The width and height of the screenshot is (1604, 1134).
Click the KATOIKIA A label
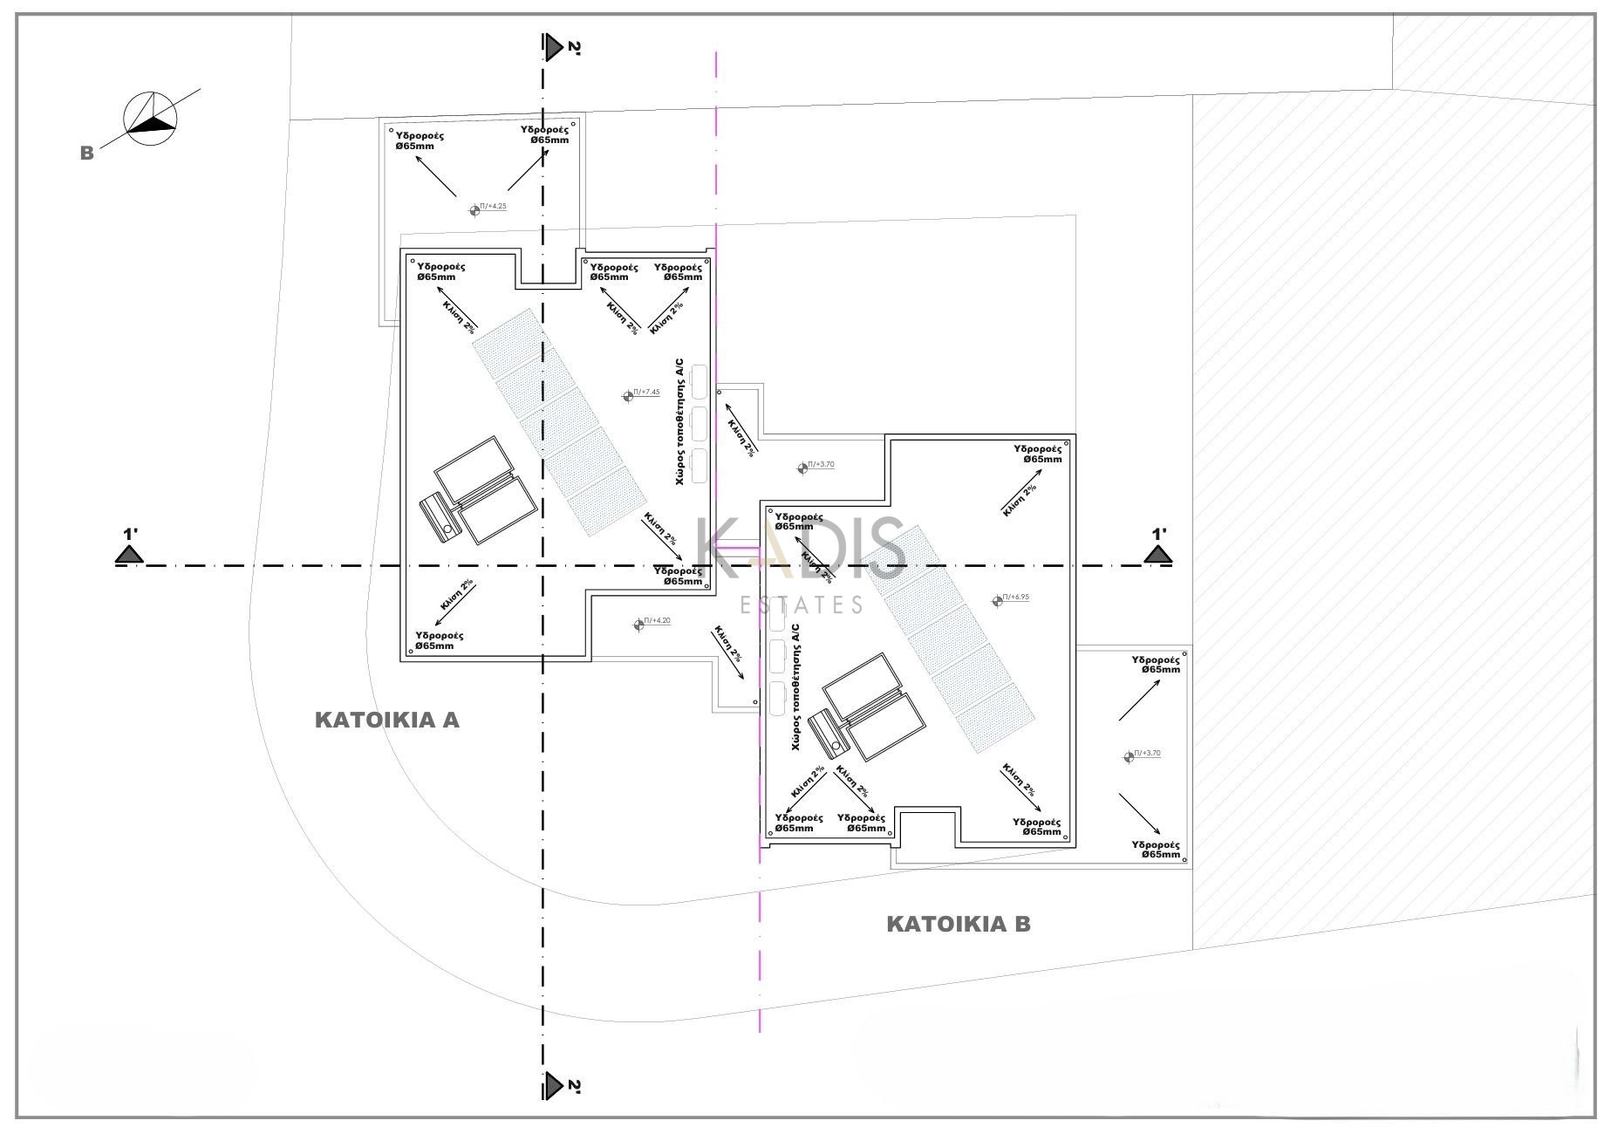(386, 720)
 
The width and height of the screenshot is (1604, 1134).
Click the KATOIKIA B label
(959, 924)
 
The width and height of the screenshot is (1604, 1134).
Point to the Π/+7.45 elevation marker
(628, 396)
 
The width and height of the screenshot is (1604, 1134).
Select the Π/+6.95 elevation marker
(998, 600)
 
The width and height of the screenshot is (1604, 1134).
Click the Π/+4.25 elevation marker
(475, 209)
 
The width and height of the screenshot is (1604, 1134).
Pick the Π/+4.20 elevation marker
(638, 624)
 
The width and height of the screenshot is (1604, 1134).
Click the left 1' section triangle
(129, 554)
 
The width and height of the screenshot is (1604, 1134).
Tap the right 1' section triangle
(1158, 554)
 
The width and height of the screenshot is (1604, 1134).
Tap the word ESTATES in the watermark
(802, 605)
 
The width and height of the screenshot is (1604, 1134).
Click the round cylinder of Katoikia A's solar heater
(447, 529)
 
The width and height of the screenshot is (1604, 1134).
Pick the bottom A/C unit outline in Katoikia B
(777, 699)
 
